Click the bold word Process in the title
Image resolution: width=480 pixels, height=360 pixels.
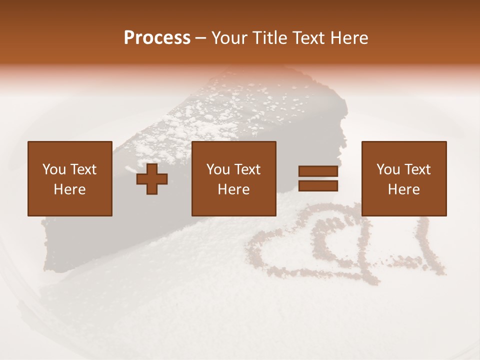tap(157, 38)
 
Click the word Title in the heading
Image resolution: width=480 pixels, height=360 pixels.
tap(270, 38)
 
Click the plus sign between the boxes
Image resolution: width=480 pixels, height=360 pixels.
tap(152, 179)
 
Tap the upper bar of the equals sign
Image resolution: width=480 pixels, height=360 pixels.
tap(318, 171)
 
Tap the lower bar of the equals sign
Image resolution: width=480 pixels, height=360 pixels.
tap(318, 186)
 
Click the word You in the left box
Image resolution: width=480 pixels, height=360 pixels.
tap(53, 169)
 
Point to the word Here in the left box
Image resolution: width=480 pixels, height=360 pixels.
tap(70, 189)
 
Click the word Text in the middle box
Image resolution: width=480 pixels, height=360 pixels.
tap(247, 169)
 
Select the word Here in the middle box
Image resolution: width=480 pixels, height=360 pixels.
tap(234, 189)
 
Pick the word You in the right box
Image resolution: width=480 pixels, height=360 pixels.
tap(387, 169)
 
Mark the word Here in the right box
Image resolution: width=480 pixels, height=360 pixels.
tap(404, 189)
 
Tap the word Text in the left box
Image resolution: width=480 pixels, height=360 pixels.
tap(83, 169)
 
